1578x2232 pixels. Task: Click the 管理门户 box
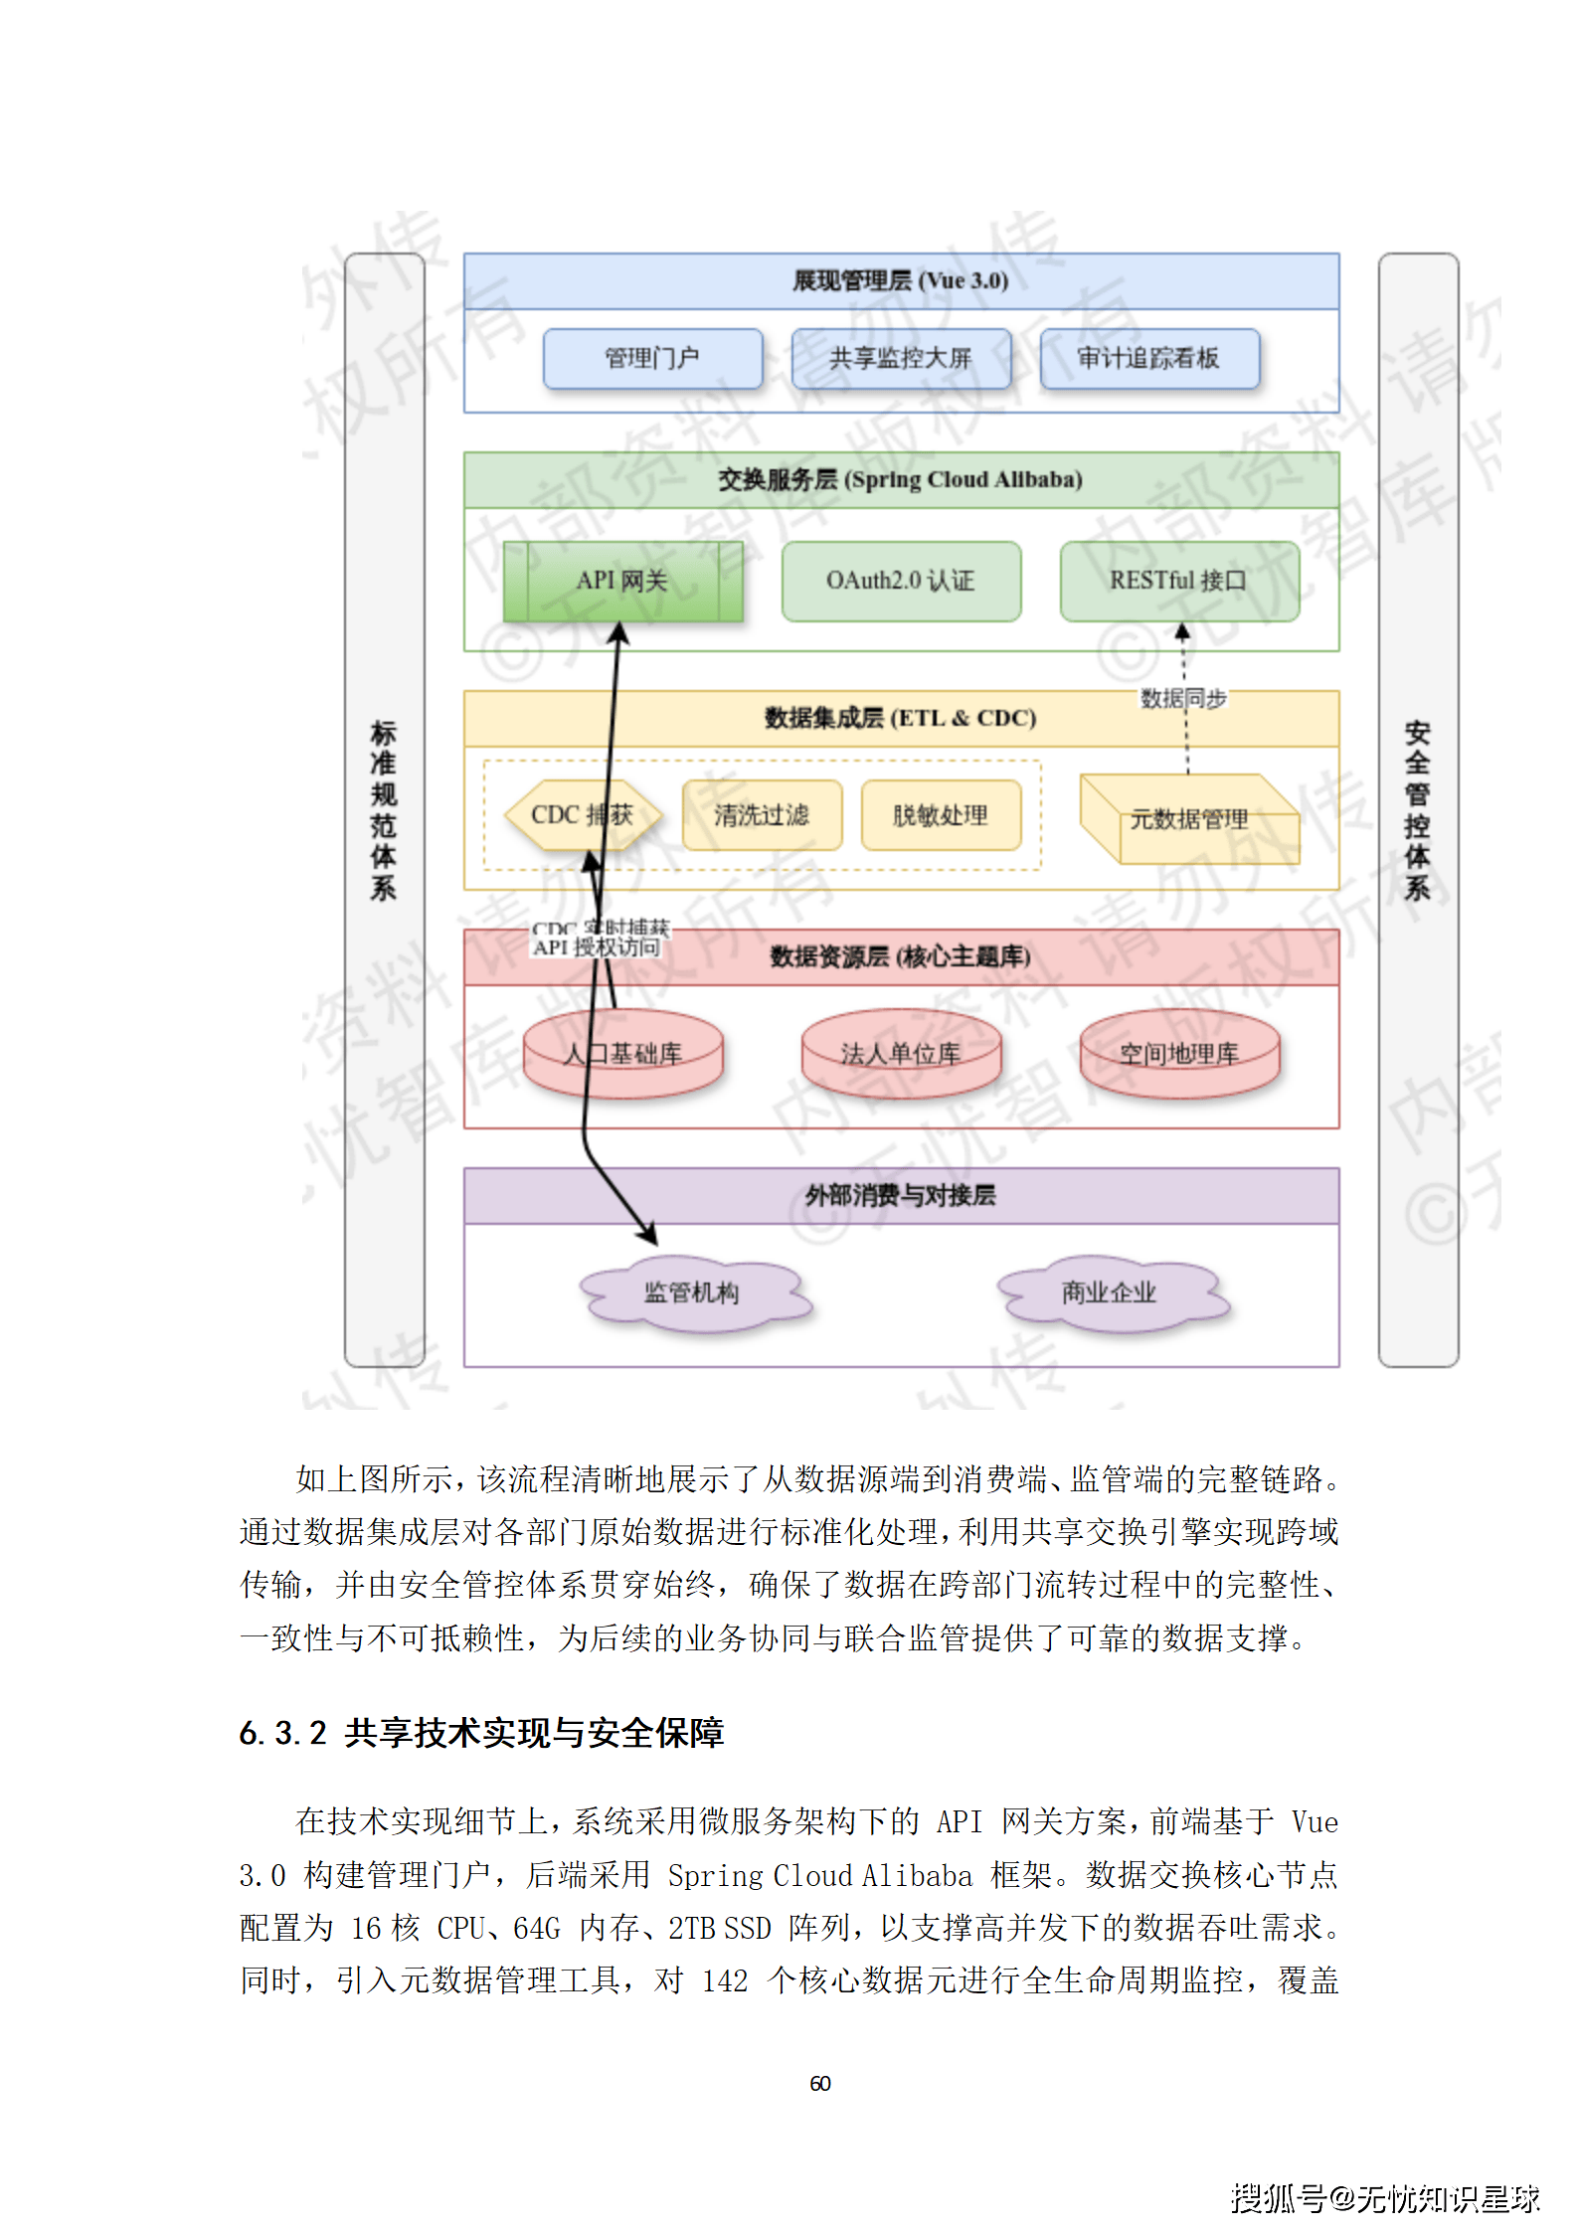pos(652,358)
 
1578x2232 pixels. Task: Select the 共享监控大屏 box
pos(901,358)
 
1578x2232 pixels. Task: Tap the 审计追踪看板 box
pos(1149,358)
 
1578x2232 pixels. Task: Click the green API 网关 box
pos(623,582)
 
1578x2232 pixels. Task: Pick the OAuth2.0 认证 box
pos(901,582)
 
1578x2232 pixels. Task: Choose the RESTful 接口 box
pos(1179,582)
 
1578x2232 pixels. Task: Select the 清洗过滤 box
pos(762,815)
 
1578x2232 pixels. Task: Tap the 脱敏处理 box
pos(941,815)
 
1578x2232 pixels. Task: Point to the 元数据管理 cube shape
pos(1189,819)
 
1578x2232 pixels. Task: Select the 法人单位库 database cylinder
pos(901,1054)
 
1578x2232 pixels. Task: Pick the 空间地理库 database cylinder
pos(1179,1054)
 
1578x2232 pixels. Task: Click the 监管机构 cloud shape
pos(693,1292)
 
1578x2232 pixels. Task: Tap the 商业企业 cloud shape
pos(1110,1292)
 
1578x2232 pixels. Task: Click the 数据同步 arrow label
pos(1183,699)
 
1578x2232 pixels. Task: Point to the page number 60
pos(820,2083)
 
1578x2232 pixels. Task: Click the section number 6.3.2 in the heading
pos(282,1733)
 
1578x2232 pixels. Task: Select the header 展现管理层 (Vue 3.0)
pos(901,281)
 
